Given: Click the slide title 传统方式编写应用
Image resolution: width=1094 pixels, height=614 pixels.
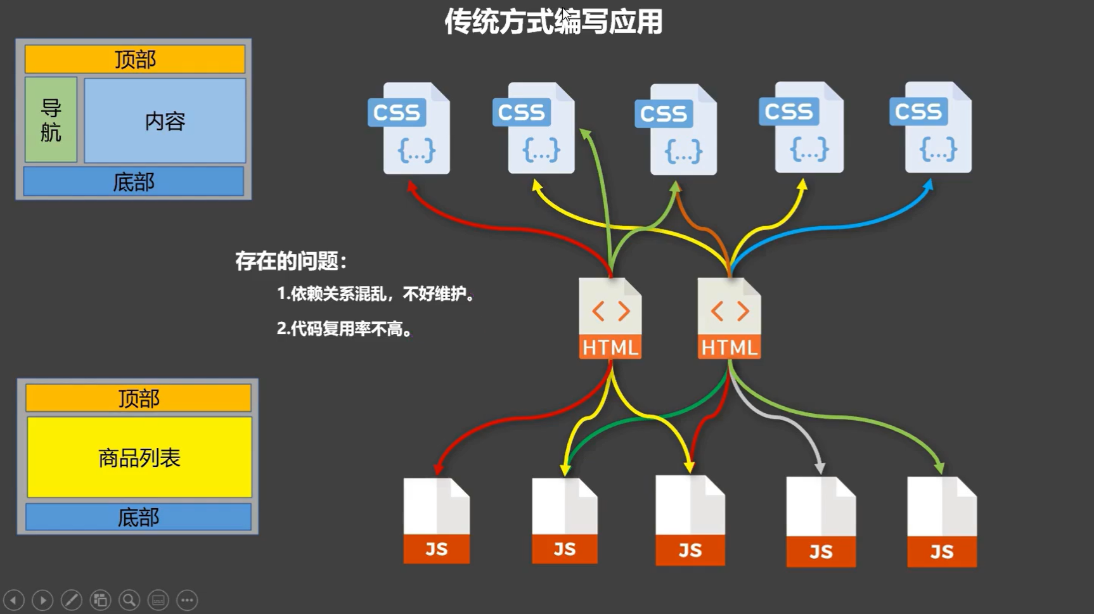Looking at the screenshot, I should [553, 22].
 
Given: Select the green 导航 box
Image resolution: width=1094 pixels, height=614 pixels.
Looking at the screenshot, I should [51, 120].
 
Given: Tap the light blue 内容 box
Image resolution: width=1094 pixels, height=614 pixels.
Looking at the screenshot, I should [165, 120].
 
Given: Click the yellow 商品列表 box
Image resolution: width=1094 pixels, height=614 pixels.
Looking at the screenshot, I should [139, 457].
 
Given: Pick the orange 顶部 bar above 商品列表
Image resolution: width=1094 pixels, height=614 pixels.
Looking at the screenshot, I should [138, 399].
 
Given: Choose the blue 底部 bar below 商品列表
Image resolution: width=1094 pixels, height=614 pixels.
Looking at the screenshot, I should [138, 517].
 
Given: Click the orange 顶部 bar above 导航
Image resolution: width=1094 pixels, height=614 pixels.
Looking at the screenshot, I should [135, 60].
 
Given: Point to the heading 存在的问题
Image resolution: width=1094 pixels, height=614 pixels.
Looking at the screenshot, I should [291, 261].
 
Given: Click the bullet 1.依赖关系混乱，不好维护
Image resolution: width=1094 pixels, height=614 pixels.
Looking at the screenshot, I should [375, 293].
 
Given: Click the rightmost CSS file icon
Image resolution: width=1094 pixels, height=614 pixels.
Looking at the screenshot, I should [932, 128].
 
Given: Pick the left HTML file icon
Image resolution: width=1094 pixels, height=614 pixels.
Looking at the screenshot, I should [610, 319].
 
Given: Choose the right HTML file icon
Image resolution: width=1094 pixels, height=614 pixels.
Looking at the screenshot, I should [729, 319].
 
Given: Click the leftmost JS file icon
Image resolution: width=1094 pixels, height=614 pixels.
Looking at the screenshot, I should [437, 521].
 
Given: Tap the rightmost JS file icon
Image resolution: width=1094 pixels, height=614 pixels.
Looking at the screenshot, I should [942, 522].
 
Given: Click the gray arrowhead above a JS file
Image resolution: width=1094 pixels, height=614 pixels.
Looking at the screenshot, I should [820, 468].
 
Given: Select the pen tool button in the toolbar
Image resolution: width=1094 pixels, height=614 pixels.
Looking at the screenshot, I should [71, 600].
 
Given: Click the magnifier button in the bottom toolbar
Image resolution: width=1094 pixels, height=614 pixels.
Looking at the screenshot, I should [129, 600].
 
